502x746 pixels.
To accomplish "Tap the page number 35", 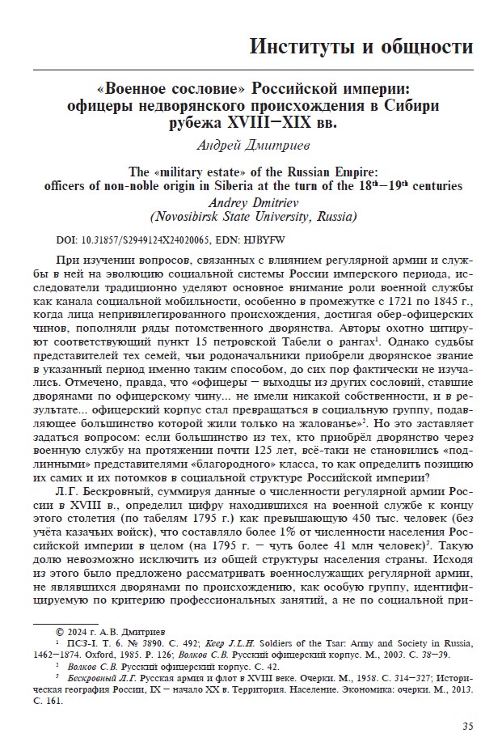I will pos(468,724).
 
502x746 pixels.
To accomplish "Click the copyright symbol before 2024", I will pos(58,629).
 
